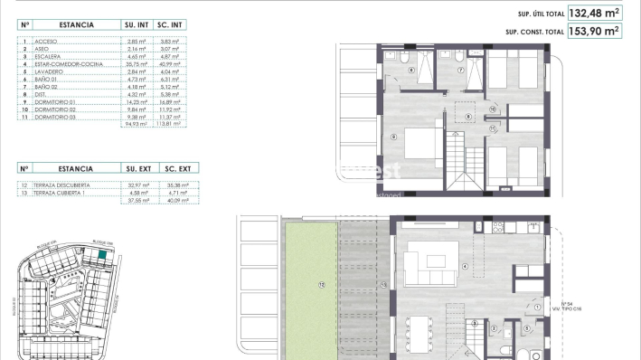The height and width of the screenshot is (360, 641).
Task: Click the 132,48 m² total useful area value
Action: pyautogui.click(x=594, y=14)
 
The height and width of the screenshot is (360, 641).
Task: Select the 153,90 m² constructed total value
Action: pyautogui.click(x=594, y=32)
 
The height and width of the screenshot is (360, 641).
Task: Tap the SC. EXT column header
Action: pyautogui.click(x=177, y=168)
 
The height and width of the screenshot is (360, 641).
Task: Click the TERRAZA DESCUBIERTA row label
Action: pyautogui.click(x=62, y=184)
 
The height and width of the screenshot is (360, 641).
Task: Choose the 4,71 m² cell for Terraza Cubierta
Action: pyautogui.click(x=177, y=191)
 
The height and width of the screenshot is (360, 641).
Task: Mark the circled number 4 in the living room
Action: pyautogui.click(x=465, y=266)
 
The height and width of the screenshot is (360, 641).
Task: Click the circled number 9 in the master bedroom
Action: pyautogui.click(x=395, y=137)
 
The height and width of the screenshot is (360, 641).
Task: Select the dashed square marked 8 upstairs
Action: pyautogui.click(x=468, y=117)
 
